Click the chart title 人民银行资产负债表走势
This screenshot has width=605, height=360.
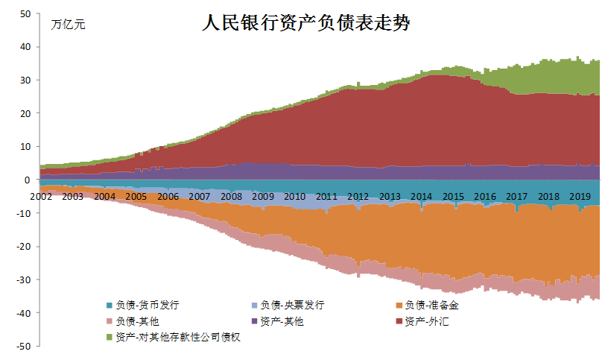point(306,23)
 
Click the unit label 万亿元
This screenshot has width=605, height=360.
point(68,25)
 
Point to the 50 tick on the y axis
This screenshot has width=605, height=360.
point(25,13)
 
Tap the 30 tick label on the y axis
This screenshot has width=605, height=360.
point(25,80)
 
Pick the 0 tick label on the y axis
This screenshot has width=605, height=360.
point(27,180)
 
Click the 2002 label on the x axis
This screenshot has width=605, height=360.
point(41,197)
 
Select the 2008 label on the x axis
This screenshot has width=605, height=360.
point(231,197)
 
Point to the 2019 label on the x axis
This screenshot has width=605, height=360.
point(580,197)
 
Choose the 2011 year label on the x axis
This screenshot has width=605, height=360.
point(326,197)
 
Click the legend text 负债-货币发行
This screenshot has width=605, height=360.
point(148,305)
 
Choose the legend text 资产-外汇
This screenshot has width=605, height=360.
point(426,321)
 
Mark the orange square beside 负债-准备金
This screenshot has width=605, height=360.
point(399,306)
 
